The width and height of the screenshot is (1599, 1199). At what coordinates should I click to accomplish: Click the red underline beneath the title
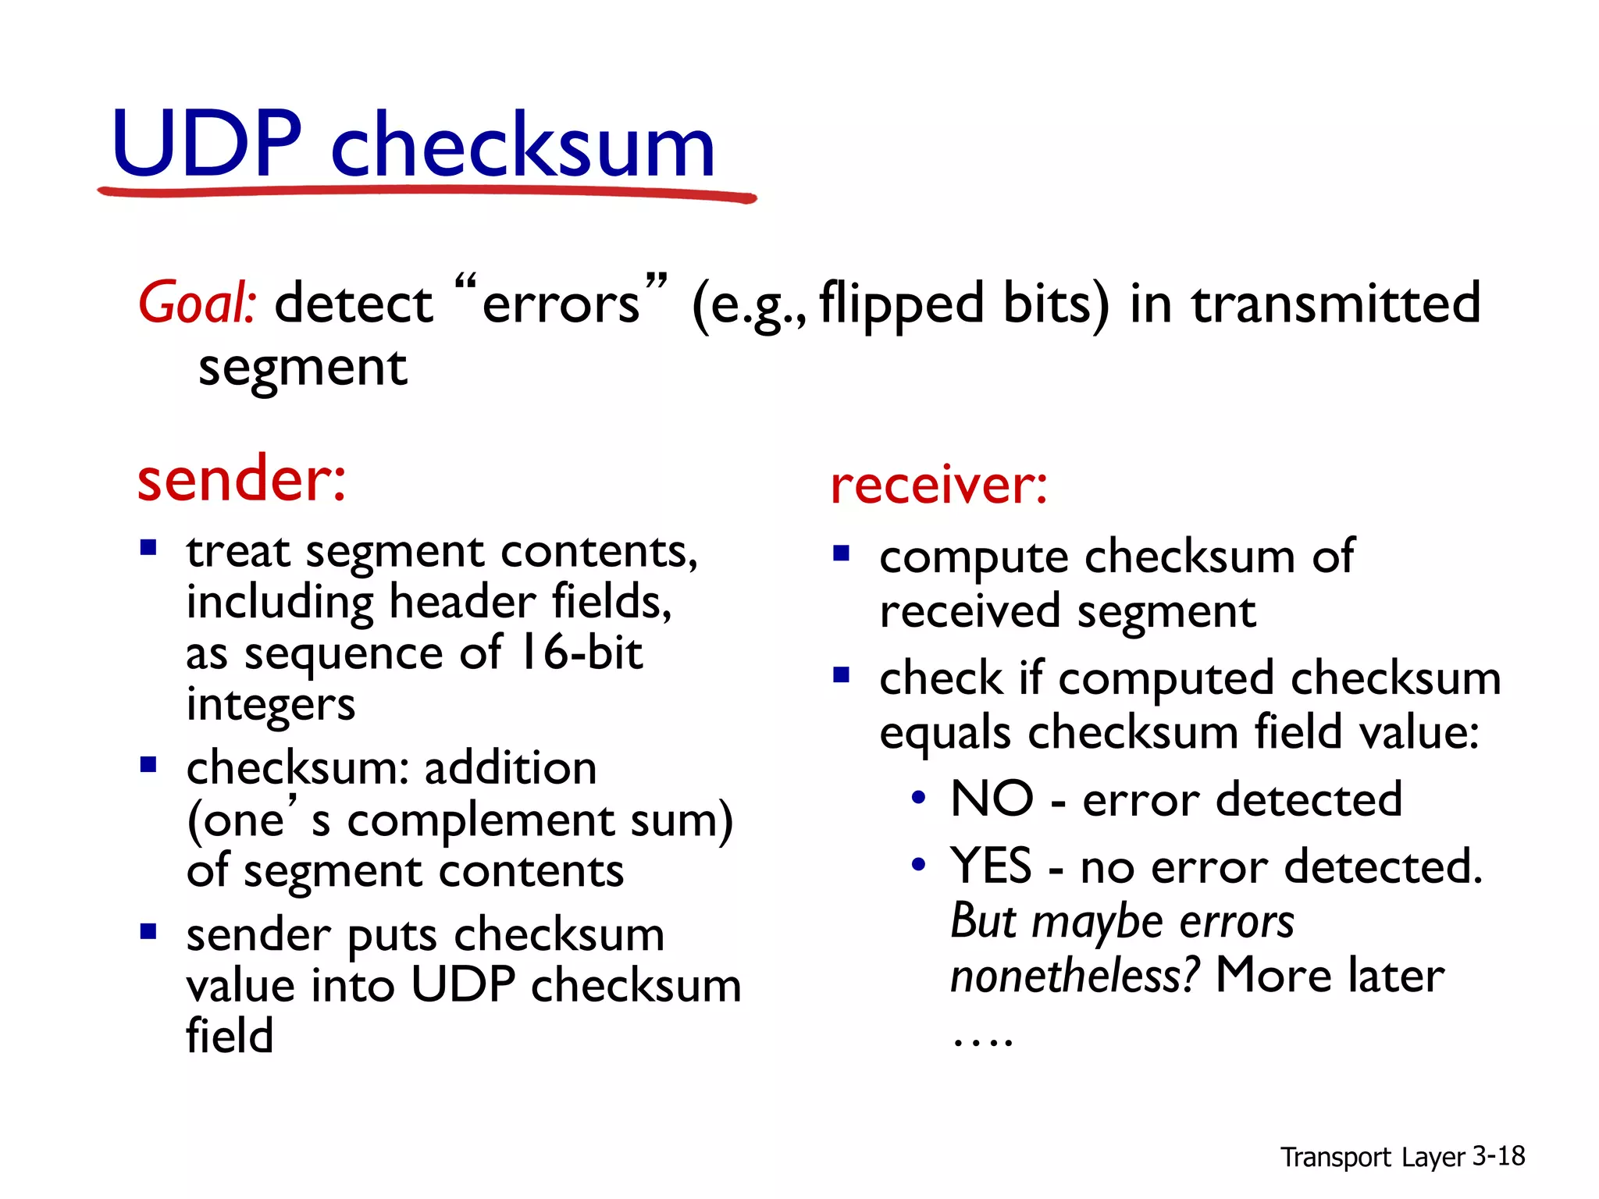[426, 191]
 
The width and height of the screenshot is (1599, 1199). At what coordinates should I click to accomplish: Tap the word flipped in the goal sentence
[901, 304]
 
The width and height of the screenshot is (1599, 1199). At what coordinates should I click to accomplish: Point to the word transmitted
[1336, 303]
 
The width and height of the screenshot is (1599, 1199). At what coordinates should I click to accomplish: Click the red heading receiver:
[938, 485]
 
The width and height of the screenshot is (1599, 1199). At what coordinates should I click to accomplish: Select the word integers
[270, 704]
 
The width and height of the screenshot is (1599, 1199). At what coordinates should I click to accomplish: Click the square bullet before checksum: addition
[148, 764]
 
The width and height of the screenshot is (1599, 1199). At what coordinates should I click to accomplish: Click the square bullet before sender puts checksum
[148, 931]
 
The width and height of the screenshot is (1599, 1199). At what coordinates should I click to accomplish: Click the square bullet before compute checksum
[841, 554]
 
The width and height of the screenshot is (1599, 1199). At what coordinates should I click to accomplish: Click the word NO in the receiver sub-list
[992, 799]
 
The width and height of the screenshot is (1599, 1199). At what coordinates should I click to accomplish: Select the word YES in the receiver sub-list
[991, 866]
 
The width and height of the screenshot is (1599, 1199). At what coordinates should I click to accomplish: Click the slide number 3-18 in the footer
[1498, 1155]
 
